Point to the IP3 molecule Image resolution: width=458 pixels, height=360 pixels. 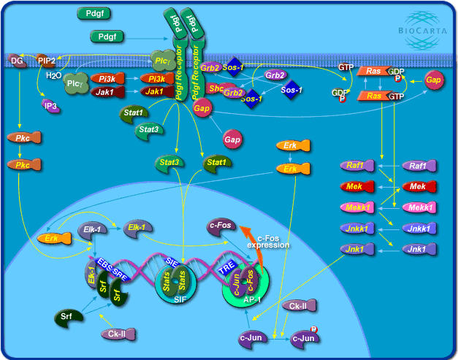[x=50, y=105]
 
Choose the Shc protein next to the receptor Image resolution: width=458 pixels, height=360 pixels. [x=216, y=88]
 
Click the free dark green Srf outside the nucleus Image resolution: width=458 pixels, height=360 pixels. [x=68, y=317]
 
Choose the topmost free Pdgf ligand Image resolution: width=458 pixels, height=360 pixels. [x=93, y=13]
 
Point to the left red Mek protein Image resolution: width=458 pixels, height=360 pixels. [x=358, y=187]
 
